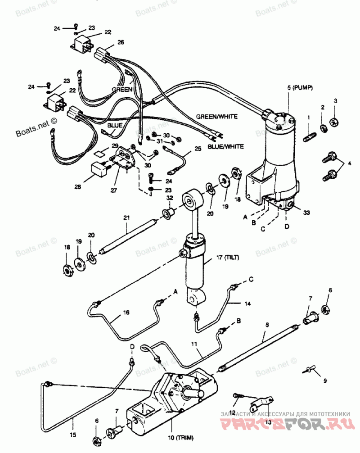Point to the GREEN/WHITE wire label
pyautogui.click(x=216, y=116)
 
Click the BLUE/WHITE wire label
pyautogui.click(x=225, y=146)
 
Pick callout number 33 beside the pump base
pyautogui.click(x=306, y=212)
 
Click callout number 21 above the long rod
pyautogui.click(x=126, y=218)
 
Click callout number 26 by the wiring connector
pyautogui.click(x=121, y=42)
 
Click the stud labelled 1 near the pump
pyautogui.click(x=308, y=136)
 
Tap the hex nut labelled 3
pyautogui.click(x=334, y=121)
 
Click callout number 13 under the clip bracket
pyautogui.click(x=268, y=422)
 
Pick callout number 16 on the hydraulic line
pyautogui.click(x=126, y=312)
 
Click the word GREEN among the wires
pyautogui.click(x=122, y=89)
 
